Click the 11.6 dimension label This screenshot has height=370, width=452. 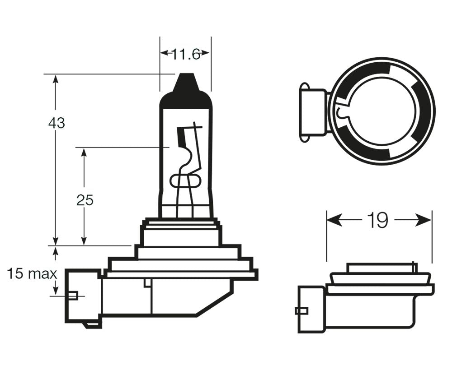pyautogui.click(x=185, y=54)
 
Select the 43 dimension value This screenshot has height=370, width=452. pyautogui.click(x=56, y=123)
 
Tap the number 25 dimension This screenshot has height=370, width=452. pyautogui.click(x=85, y=200)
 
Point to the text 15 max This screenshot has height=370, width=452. pyautogui.click(x=32, y=273)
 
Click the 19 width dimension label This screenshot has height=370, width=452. pyautogui.click(x=378, y=221)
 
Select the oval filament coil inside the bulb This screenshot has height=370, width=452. pyautogui.click(x=184, y=181)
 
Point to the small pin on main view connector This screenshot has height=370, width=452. pyautogui.click(x=73, y=296)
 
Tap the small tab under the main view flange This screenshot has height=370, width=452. pyautogui.click(x=146, y=283)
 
